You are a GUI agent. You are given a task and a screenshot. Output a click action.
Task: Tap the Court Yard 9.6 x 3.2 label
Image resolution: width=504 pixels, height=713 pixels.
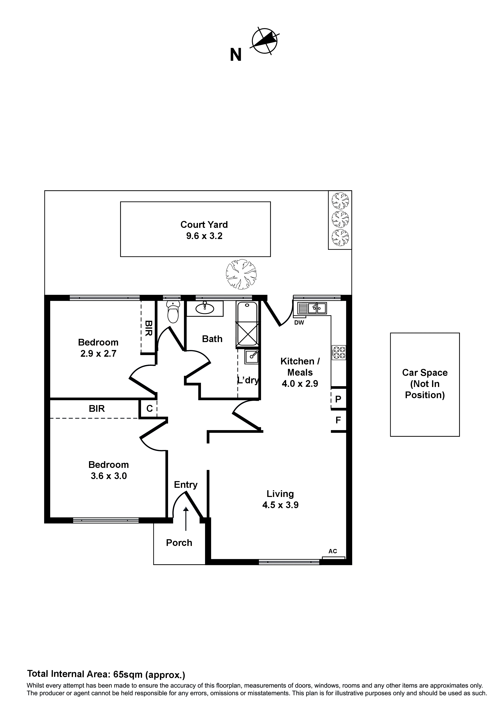(x=204, y=230)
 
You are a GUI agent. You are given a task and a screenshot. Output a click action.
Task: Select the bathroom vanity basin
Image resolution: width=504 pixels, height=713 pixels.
(x=205, y=308)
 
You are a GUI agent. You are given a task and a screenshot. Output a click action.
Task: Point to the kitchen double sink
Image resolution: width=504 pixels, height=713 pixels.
(x=312, y=308)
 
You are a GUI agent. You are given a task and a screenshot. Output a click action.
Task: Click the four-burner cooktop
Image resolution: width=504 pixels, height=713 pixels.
(x=339, y=353)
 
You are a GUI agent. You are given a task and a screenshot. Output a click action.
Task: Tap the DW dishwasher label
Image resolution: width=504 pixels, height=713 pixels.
(x=299, y=323)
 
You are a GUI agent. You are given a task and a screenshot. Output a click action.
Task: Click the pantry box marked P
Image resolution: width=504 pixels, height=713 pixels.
(x=338, y=399)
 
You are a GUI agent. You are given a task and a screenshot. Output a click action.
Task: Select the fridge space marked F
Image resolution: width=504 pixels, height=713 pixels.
(x=338, y=420)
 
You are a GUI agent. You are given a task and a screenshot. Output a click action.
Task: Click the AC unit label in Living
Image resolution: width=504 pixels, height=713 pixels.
(x=333, y=551)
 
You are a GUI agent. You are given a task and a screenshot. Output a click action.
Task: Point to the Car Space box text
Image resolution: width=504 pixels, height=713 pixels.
(x=425, y=384)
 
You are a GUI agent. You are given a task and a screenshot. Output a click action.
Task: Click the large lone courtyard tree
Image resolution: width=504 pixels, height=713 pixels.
(x=241, y=275)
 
